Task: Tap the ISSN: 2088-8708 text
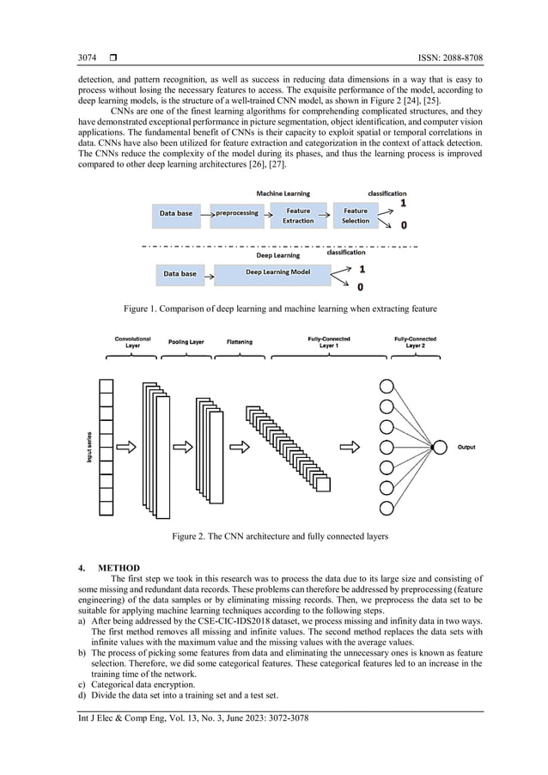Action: click(x=447, y=58)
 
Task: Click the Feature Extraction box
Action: click(x=298, y=215)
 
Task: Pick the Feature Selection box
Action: click(x=355, y=215)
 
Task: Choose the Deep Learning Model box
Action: click(x=274, y=273)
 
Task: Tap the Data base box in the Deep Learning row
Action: click(x=180, y=274)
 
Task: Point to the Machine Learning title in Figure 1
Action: click(x=283, y=193)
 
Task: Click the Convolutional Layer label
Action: click(x=133, y=342)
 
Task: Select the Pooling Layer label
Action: click(x=186, y=342)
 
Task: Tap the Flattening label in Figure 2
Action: click(x=240, y=342)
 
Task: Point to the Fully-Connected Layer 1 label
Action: click(x=328, y=342)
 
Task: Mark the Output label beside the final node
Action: click(x=466, y=447)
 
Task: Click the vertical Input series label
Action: click(x=89, y=447)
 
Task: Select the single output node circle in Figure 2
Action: click(x=440, y=447)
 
